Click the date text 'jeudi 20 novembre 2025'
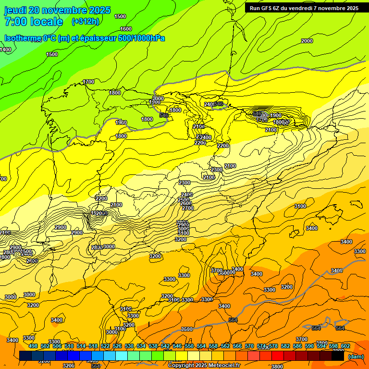57,10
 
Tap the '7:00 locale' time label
34,22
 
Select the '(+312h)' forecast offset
86,22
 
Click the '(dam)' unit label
355,356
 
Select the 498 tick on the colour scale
33,346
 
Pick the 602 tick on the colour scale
345,346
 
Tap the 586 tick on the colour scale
297,346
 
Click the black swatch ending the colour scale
338,356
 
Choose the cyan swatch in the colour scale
122,356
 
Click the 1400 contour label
5,49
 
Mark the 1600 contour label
126,29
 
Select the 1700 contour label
88,82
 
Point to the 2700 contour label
188,208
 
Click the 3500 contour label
187,329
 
